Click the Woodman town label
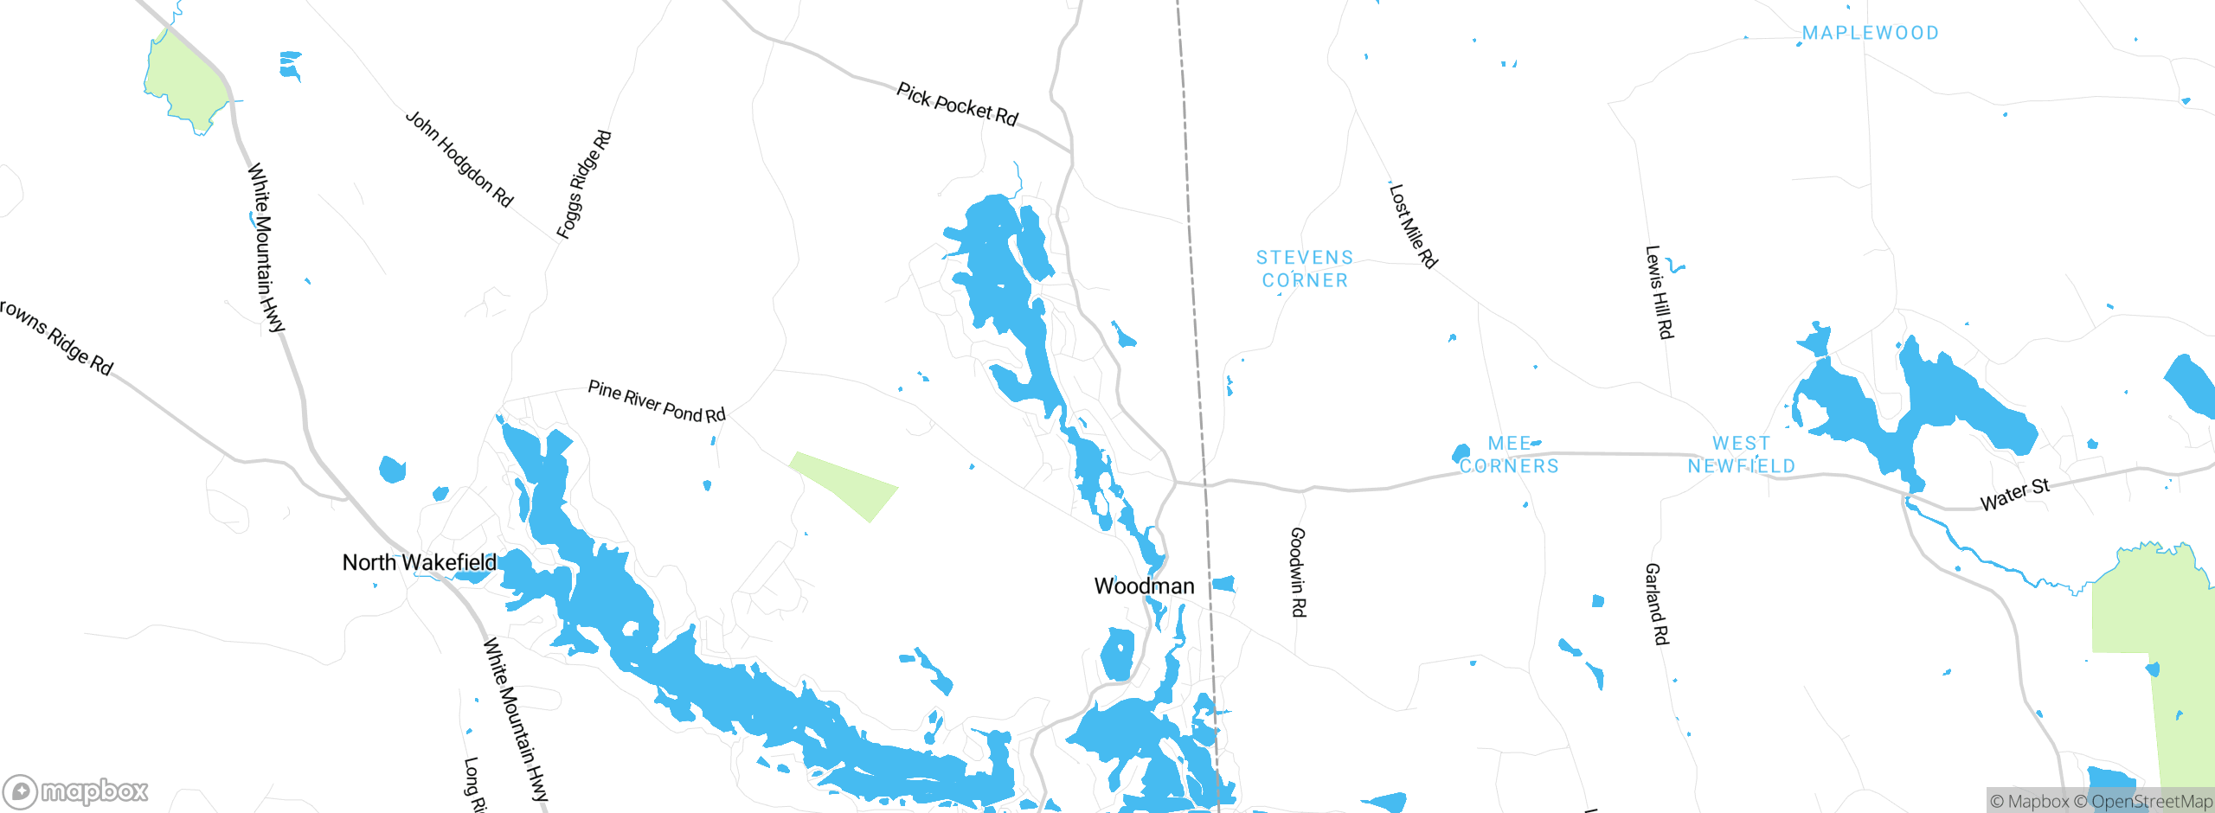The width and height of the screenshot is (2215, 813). pos(1144,586)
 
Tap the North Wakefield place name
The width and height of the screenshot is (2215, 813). pos(420,563)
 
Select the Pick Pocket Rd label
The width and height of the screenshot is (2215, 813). pos(957,105)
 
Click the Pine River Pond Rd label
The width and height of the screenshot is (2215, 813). pos(657,401)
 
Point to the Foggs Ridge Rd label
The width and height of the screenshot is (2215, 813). pos(584,184)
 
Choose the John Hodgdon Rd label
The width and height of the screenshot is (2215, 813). pos(459,159)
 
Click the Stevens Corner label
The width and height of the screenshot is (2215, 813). pos(1305,269)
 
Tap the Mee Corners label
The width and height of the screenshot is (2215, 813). pos(1509,455)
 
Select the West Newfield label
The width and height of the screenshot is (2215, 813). pos(1741,455)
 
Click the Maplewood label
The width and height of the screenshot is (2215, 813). pos(1870,33)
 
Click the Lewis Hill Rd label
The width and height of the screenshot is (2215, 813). pos(1659,292)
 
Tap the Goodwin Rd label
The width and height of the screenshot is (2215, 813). pos(1298,572)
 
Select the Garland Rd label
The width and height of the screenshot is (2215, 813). pos(1656,604)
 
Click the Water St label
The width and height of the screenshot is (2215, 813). pos(2015,496)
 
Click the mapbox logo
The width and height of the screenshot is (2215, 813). pos(76,791)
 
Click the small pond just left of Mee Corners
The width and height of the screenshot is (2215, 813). pos(1461,453)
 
